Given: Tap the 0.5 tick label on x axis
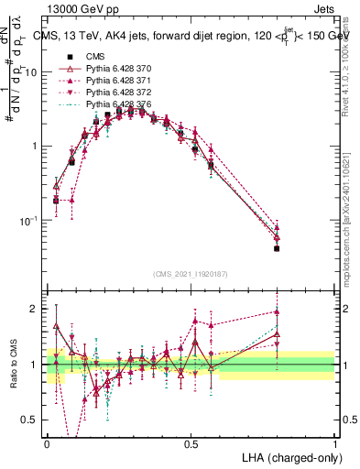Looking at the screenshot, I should pos(191,442).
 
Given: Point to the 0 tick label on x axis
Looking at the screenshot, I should pos(47,442).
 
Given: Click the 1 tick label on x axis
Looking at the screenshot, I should pos(334,442).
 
